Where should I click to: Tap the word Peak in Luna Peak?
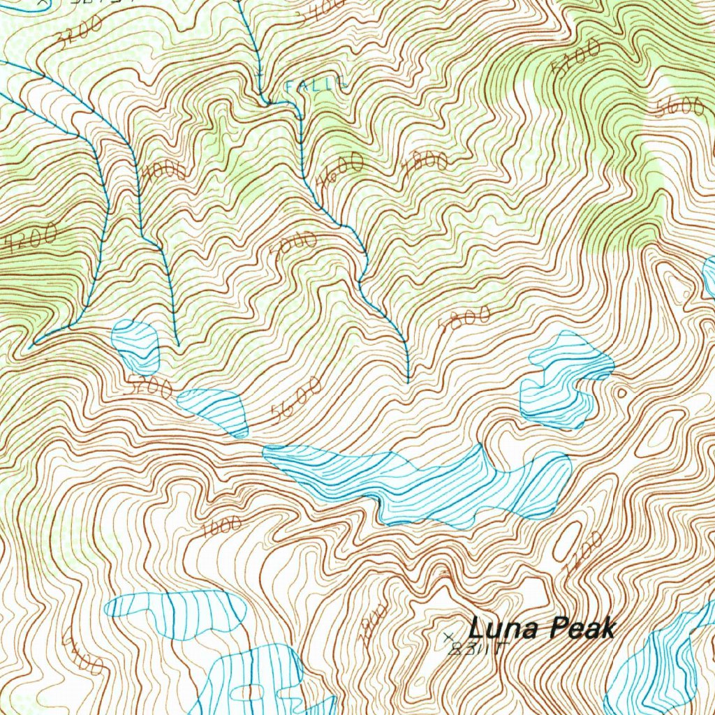click(581, 628)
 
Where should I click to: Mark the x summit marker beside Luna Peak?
click(448, 636)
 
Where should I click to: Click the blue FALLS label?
click(316, 85)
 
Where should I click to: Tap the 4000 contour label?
click(164, 171)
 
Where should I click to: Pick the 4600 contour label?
click(340, 171)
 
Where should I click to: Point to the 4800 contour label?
click(425, 162)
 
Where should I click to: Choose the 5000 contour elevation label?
click(294, 246)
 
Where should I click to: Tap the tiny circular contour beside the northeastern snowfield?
click(621, 393)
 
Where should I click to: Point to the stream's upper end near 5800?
click(408, 381)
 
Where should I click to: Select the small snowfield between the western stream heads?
click(136, 346)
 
